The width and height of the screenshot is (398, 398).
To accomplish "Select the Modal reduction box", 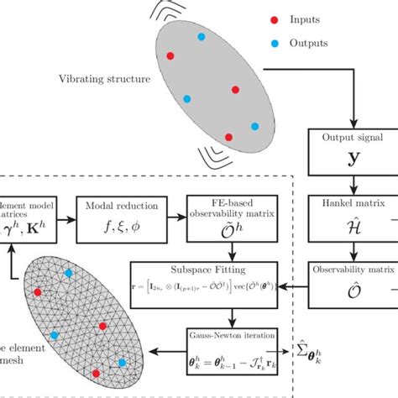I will (117, 216).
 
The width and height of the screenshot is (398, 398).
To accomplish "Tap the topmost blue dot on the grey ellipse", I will (201, 37).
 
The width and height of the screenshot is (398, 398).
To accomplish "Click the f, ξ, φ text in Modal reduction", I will (117, 227).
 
